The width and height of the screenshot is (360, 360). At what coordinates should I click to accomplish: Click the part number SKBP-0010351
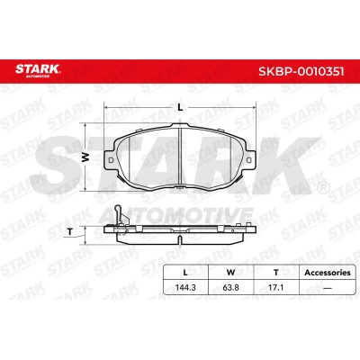pos(301,72)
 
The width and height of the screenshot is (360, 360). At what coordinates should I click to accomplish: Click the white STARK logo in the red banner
pos(38,70)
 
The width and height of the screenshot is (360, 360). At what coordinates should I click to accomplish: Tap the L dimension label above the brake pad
pos(180,107)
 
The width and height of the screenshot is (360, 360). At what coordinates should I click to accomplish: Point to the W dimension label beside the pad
pos(85,157)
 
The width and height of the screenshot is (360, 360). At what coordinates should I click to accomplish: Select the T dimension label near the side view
pos(70,231)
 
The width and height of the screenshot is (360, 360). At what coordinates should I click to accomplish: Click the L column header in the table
pos(185,273)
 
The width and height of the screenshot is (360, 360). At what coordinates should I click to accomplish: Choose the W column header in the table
pos(230,273)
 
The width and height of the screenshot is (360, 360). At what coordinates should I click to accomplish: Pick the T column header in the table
pos(276,273)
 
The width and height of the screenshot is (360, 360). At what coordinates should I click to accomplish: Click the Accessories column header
pos(328,273)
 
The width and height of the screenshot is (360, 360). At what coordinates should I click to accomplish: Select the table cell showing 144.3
pos(185,287)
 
